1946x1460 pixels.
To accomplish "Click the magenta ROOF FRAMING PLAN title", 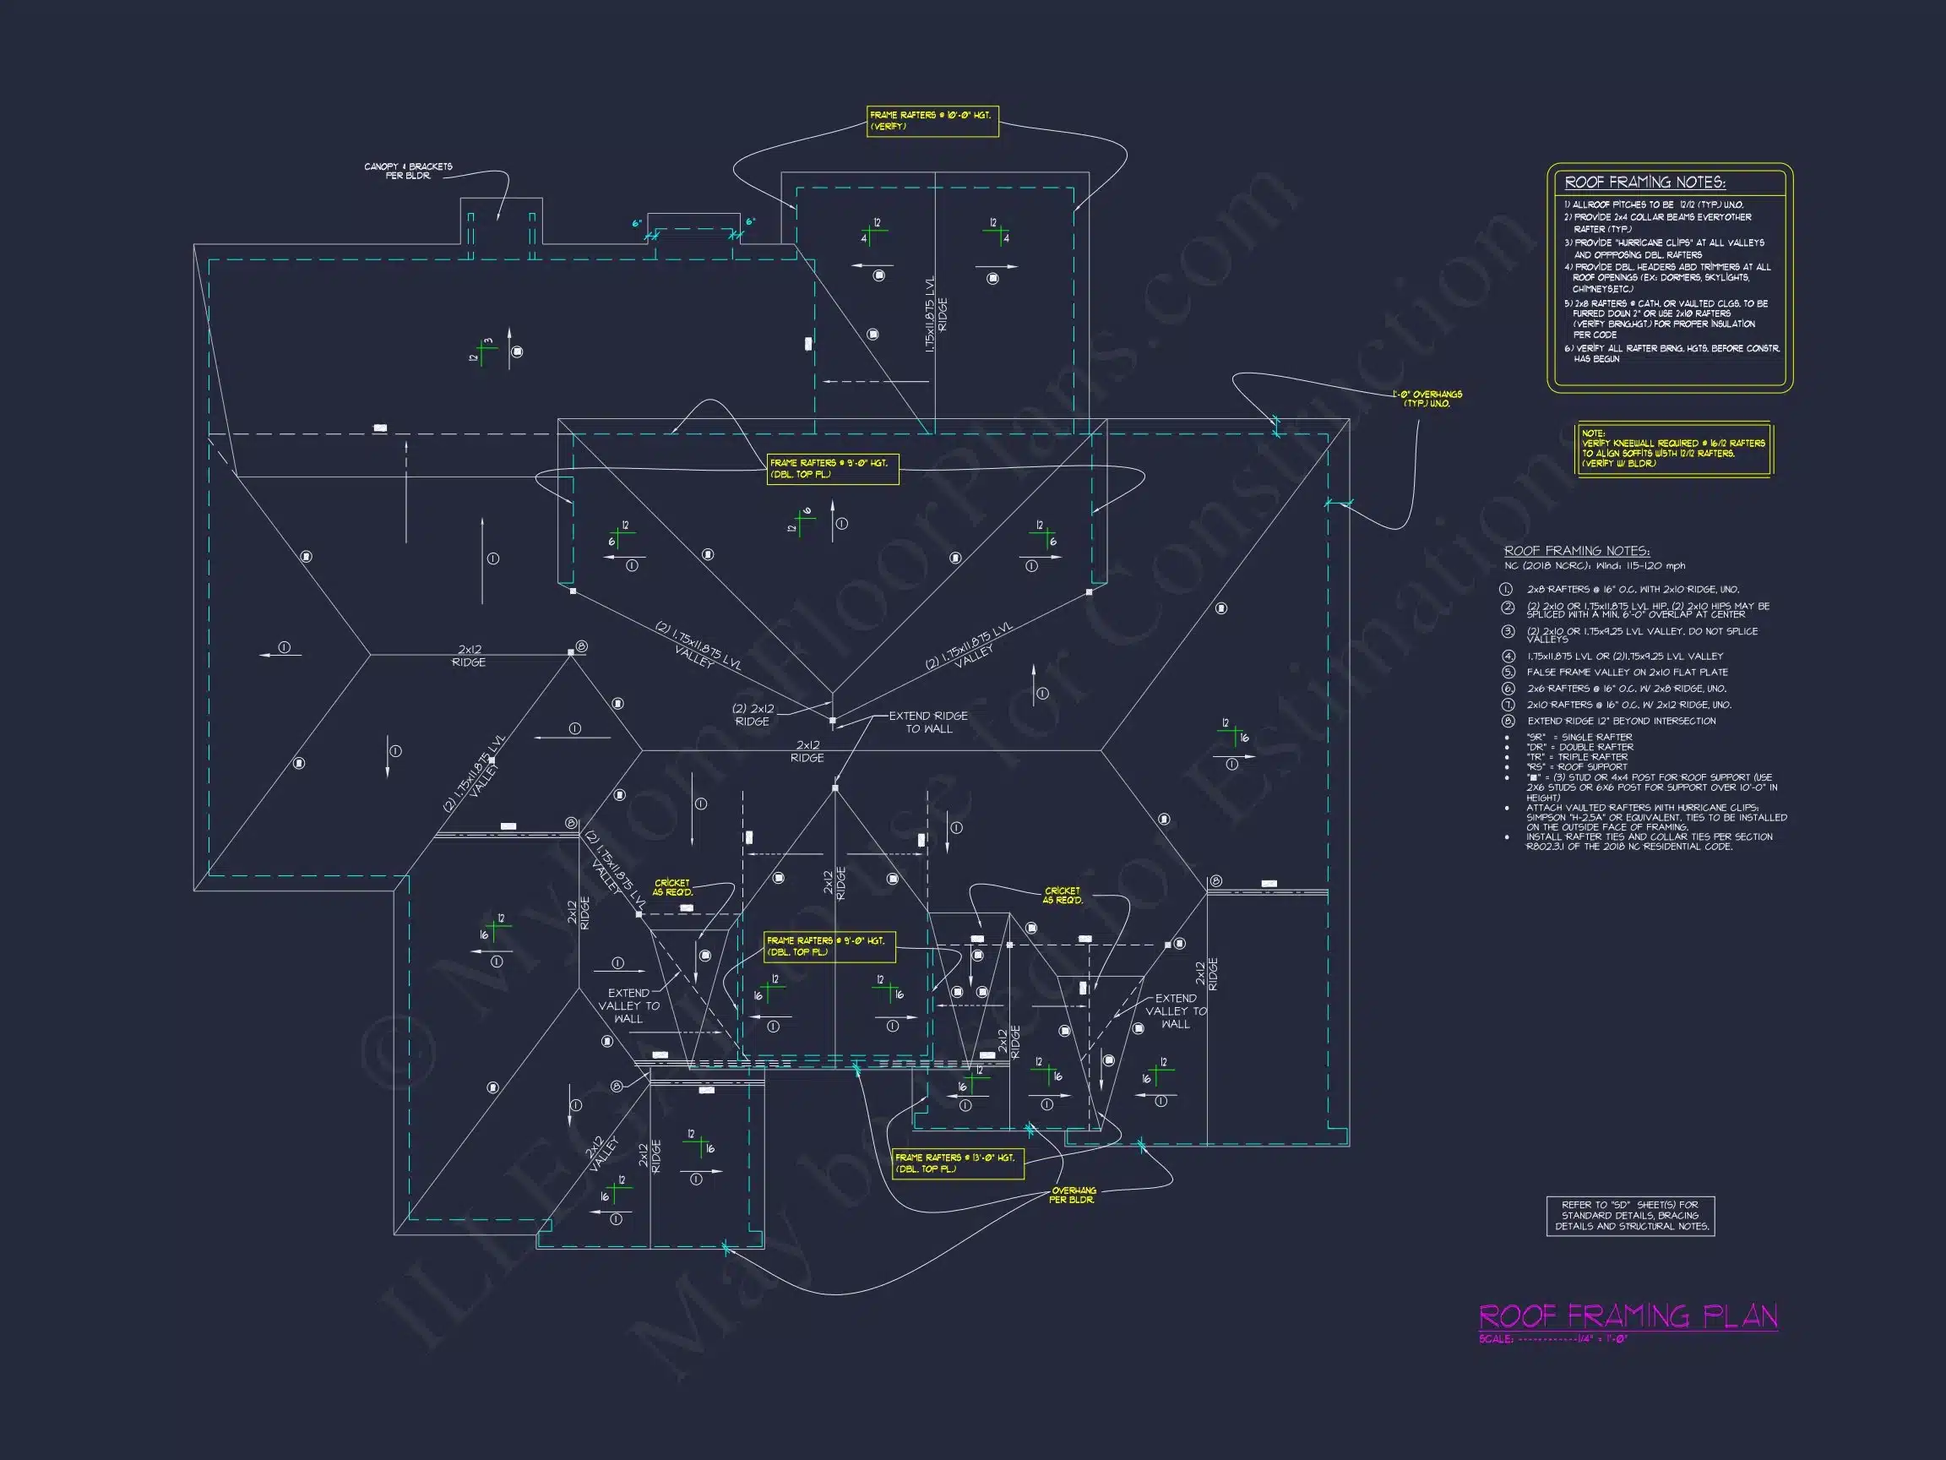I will [x=1628, y=1317].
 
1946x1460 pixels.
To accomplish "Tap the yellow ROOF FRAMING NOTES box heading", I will [x=1644, y=183].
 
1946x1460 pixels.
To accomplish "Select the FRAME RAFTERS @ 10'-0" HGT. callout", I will [x=932, y=122].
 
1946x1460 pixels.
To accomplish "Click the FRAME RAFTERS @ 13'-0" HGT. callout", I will [x=957, y=1163].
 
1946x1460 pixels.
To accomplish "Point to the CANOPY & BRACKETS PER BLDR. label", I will [x=408, y=171].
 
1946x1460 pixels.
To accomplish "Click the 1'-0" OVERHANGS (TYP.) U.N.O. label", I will [x=1426, y=399].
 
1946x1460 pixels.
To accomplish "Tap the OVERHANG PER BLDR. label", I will [x=1073, y=1195].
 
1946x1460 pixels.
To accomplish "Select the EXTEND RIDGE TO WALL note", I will [x=928, y=722].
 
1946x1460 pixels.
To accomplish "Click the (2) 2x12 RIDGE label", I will [x=753, y=715].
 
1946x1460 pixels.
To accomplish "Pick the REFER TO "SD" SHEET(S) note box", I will [x=1630, y=1215].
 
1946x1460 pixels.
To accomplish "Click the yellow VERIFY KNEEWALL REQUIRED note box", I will [x=1672, y=449].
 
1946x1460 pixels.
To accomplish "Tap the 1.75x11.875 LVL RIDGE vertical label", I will [x=936, y=315].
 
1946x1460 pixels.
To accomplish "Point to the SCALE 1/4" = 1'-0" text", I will [x=1552, y=1339].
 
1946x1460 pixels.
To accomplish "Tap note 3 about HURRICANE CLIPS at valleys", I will [x=1663, y=248].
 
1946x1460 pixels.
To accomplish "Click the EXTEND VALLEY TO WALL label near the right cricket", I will [x=1176, y=1011].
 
